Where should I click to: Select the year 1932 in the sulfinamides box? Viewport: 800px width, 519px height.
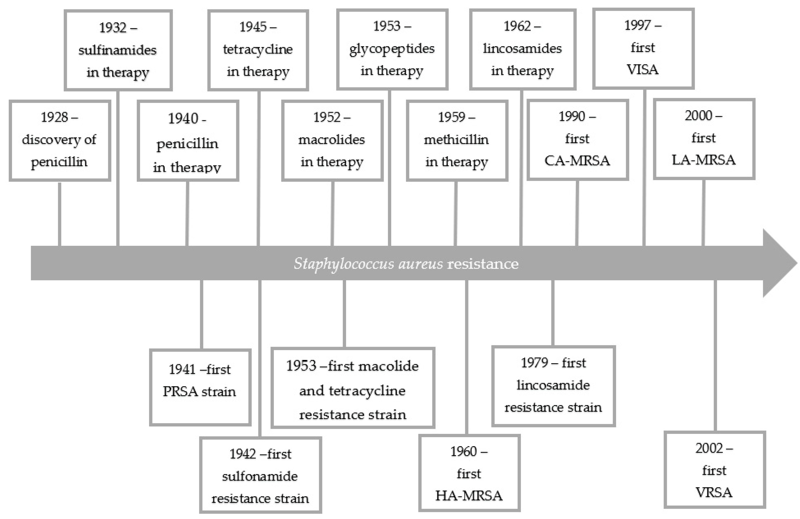pyautogui.click(x=112, y=28)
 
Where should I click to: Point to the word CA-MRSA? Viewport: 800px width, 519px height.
pyautogui.click(x=577, y=161)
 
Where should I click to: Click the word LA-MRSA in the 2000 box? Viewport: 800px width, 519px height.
pyautogui.click(x=704, y=160)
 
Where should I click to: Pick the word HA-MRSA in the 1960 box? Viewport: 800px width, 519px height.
pyautogui.click(x=469, y=496)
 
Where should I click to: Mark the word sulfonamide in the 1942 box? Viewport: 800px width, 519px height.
pyautogui.click(x=260, y=476)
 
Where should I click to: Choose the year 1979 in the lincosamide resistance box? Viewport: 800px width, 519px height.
pyautogui.click(x=534, y=363)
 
